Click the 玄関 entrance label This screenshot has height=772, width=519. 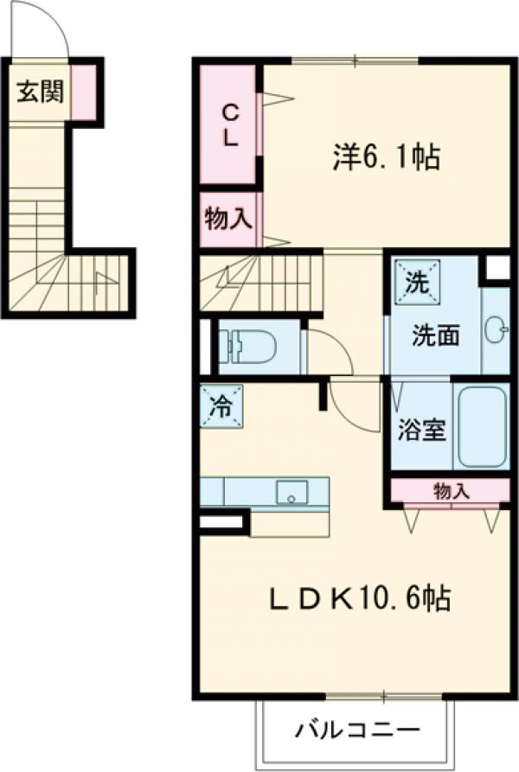(x=39, y=93)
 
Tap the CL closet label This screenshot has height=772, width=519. (x=230, y=124)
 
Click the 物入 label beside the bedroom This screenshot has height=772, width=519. (x=228, y=219)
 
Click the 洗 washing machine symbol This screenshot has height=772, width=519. (x=417, y=282)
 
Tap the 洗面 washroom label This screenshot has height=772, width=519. (x=434, y=335)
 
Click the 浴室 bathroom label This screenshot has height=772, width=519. (x=421, y=430)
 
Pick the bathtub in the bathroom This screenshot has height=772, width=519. (x=483, y=429)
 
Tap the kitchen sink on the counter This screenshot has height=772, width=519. (x=292, y=493)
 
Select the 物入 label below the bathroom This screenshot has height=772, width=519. (x=450, y=491)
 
